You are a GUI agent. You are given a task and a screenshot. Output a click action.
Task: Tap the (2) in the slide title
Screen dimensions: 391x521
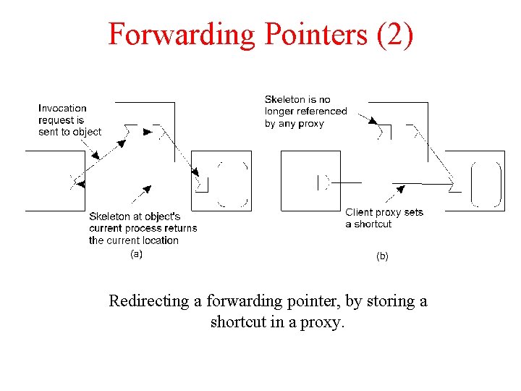pos(395,34)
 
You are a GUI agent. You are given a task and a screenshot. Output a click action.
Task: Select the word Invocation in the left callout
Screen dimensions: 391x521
pos(62,108)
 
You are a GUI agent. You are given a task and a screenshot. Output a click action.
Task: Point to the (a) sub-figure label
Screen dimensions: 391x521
pos(135,254)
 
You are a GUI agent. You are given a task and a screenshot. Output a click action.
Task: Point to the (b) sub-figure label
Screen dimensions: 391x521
pos(382,256)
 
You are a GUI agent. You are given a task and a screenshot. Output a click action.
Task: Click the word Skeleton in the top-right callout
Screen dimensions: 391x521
pos(285,100)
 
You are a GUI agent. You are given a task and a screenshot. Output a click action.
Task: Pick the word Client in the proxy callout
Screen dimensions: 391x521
pos(360,212)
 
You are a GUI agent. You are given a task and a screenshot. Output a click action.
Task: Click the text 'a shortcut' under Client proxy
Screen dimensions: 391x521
pos(368,224)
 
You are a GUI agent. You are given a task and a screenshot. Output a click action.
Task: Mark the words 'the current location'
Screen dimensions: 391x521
pos(134,240)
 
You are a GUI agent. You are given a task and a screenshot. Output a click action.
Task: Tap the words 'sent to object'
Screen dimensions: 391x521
pos(70,132)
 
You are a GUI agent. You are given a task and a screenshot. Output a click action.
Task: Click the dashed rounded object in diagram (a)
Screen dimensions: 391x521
pos(232,184)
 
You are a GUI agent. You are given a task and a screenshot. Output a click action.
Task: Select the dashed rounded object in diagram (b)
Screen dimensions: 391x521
pos(486,184)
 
